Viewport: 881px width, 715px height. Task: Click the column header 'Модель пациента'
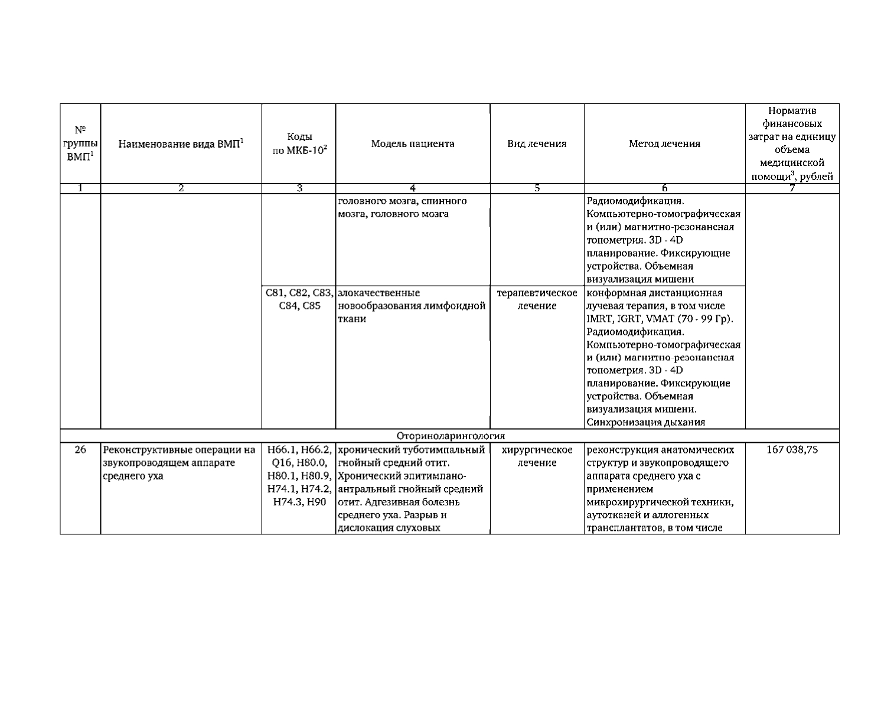coord(413,143)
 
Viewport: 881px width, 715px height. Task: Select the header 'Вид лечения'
coord(537,143)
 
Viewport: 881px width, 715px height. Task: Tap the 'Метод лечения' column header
coord(664,143)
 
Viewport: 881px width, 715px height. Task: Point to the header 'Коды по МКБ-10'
coord(299,143)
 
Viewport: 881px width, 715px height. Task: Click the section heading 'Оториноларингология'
coord(451,436)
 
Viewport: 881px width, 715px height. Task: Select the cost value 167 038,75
coord(792,449)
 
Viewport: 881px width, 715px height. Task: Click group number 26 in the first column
coord(80,449)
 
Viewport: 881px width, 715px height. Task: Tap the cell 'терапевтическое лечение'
coord(537,299)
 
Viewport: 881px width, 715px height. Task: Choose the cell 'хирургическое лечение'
coord(537,456)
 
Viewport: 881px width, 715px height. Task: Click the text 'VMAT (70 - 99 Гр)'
coord(685,319)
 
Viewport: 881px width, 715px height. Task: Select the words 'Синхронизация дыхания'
coord(645,422)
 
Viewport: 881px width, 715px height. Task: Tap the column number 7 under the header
coord(792,188)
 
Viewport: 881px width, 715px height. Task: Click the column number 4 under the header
coord(413,188)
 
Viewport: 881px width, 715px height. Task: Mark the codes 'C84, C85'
coord(299,306)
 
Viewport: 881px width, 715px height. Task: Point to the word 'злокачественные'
coord(378,293)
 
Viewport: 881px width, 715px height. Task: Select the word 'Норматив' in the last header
coord(792,111)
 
